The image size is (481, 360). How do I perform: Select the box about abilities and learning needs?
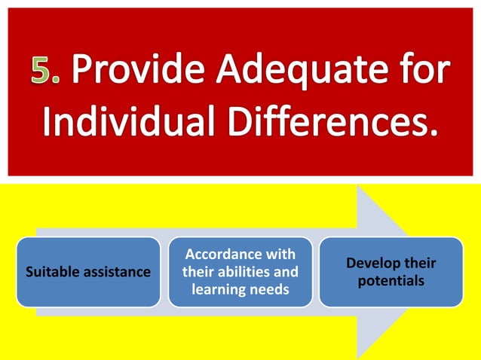tap(240, 272)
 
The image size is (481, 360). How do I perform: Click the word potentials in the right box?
tap(391, 281)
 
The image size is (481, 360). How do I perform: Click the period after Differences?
tap(431, 132)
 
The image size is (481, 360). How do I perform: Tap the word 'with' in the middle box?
tap(279, 255)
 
